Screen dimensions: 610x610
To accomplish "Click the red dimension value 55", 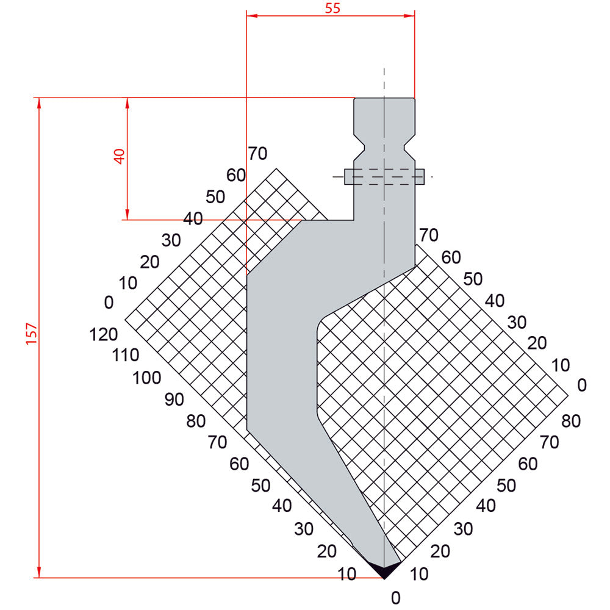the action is [332, 8].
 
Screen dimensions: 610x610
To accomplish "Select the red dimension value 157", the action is [31, 334].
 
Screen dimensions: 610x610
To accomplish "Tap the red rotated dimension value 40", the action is [120, 156].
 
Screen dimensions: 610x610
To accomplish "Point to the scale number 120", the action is [104, 334].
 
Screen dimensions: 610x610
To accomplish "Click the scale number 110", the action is [126, 355].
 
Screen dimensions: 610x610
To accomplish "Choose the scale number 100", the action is [146, 378].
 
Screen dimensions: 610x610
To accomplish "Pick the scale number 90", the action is [174, 400].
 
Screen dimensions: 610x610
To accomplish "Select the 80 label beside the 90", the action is [196, 422].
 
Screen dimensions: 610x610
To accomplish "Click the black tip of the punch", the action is [384, 569].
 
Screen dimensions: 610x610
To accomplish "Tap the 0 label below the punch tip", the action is [396, 598].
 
